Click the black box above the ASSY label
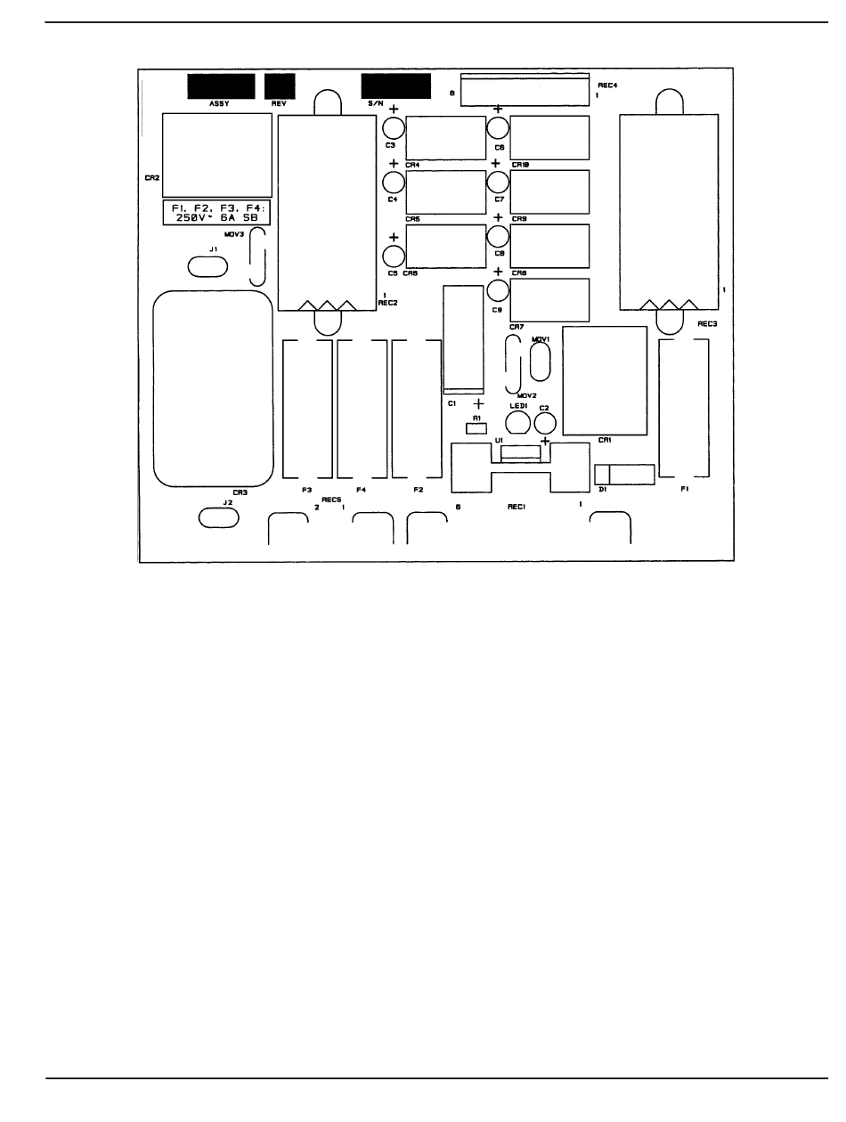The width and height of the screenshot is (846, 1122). (x=219, y=86)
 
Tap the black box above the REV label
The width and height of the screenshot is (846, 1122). (x=280, y=86)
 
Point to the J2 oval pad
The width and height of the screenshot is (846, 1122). (x=218, y=516)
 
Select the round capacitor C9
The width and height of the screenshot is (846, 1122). (x=498, y=292)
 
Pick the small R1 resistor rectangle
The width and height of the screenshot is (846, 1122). (x=476, y=427)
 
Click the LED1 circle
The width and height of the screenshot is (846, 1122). (x=517, y=423)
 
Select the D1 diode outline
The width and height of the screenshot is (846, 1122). (x=625, y=474)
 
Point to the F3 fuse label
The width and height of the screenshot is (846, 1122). (x=306, y=490)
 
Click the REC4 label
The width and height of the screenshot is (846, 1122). (x=608, y=85)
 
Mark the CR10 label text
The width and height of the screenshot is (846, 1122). (x=521, y=165)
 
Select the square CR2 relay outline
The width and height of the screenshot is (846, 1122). (x=217, y=155)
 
